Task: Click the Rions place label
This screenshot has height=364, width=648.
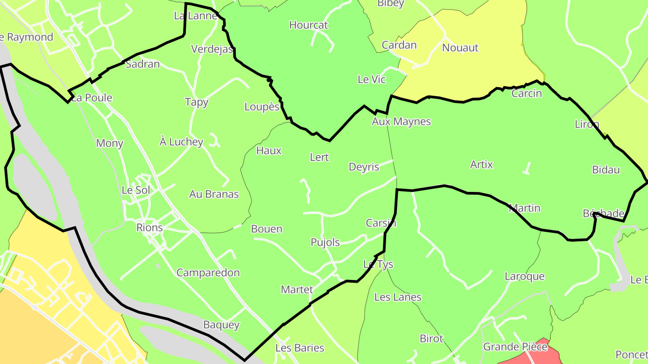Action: coord(149,227)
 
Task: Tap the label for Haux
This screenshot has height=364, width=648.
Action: coord(269,151)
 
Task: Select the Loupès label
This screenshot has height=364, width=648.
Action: coord(261,107)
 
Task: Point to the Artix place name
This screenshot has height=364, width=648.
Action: coord(481,164)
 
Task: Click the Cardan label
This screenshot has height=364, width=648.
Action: coord(399,45)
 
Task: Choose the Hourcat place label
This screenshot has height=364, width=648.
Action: coord(309,25)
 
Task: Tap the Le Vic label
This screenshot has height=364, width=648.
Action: coord(372,80)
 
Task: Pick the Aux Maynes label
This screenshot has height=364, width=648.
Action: coord(401,121)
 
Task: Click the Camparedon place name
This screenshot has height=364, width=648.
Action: coord(208,273)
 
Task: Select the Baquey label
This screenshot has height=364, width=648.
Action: coord(221,324)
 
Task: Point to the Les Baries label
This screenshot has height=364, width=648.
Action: coord(300,348)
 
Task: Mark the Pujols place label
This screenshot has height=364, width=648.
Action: coord(325,242)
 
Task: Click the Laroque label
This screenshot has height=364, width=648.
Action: coord(525,276)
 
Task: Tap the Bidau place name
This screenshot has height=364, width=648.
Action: coord(606,170)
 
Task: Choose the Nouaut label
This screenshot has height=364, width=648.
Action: coord(460,48)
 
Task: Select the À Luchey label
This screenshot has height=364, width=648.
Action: coord(181,142)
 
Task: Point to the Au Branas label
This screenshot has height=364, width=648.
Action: coord(214,194)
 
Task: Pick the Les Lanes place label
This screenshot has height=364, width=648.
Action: coord(398,297)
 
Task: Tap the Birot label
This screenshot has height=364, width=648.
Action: coord(432,338)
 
